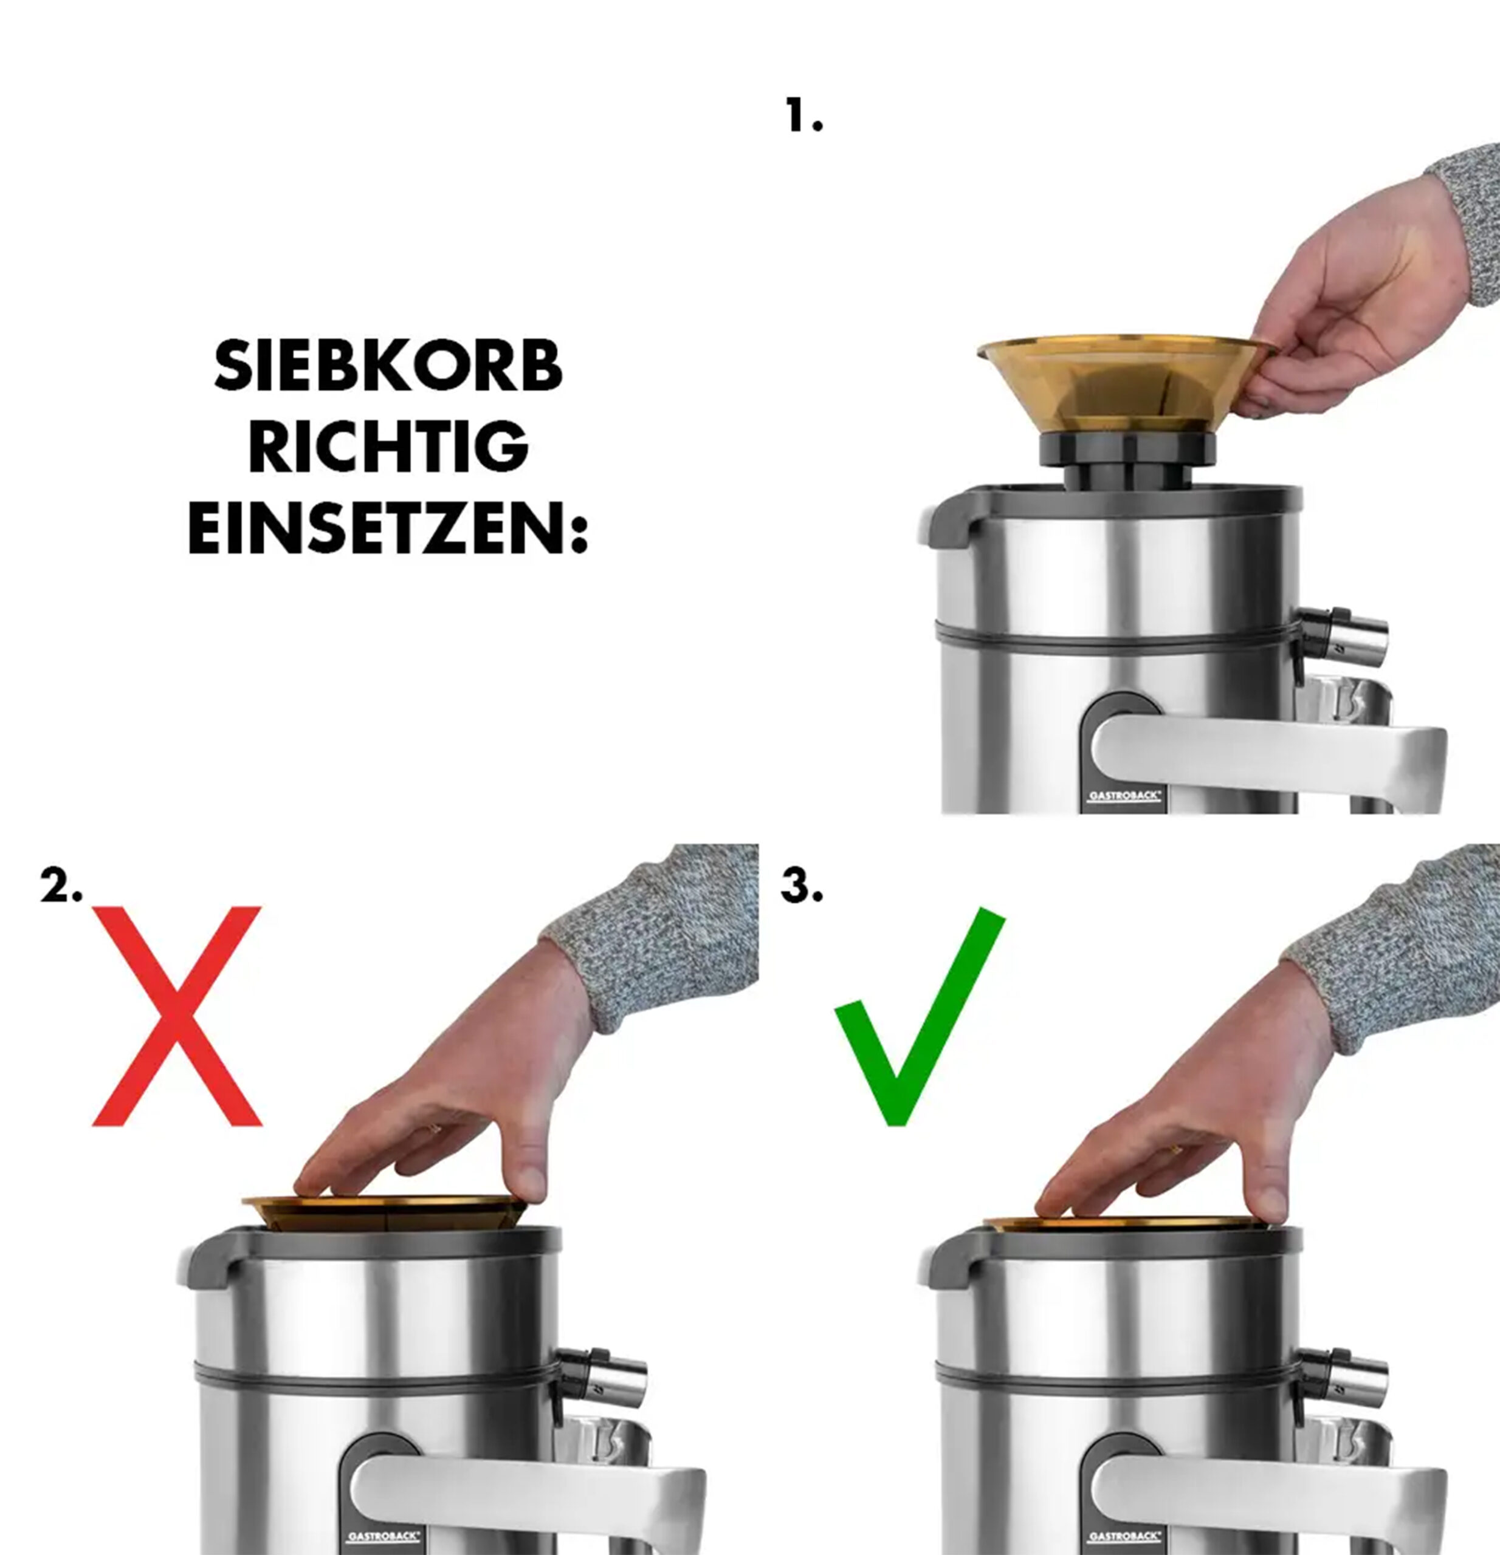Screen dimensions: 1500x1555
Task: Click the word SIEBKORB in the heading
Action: coord(388,366)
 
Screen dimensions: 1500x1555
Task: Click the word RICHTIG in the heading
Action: coord(388,446)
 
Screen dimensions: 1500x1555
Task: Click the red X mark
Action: coord(177,1016)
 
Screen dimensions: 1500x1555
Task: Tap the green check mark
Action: coord(920,1016)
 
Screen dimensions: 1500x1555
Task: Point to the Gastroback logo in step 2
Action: coord(384,1537)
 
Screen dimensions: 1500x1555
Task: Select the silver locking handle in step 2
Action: coord(527,1500)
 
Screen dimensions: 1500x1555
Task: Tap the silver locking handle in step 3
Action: coord(1268,1500)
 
